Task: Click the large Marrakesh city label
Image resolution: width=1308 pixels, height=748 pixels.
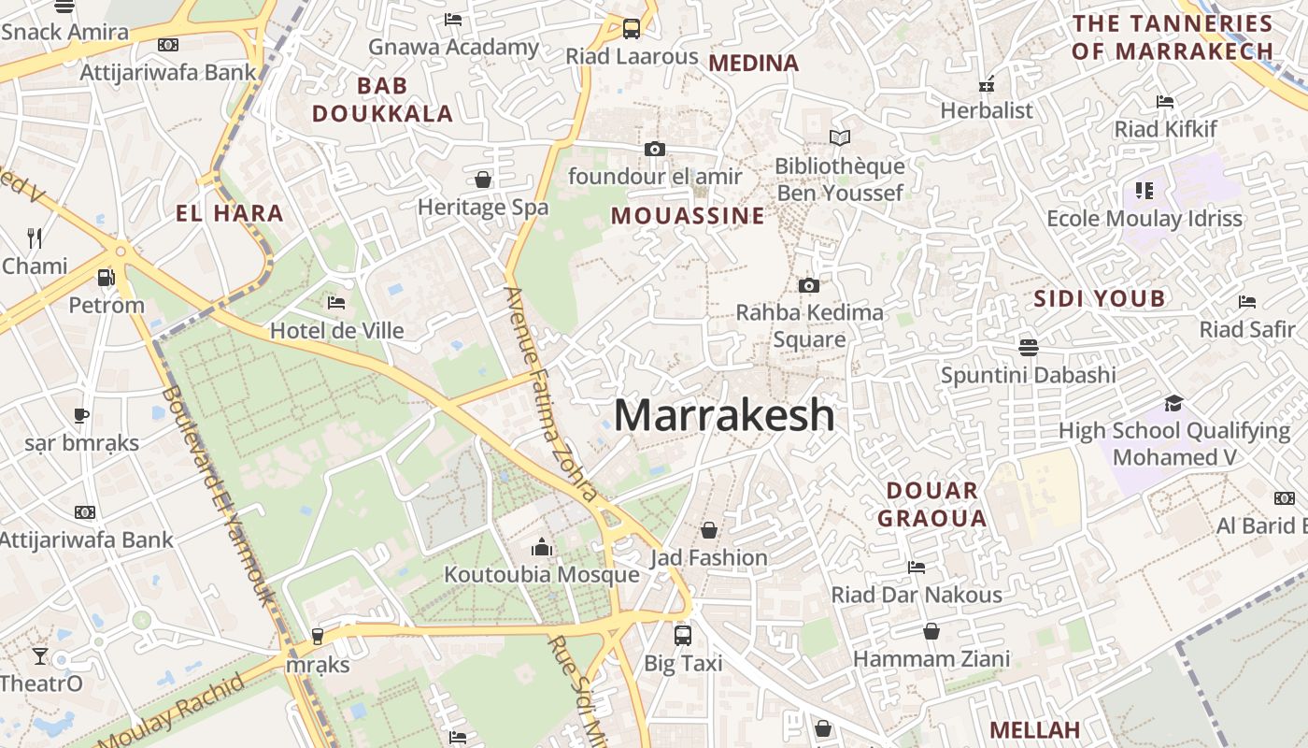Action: [x=724, y=415]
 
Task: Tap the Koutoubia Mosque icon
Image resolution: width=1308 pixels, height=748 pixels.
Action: [x=542, y=547]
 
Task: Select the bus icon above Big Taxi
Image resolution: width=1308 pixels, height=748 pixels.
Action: [x=683, y=636]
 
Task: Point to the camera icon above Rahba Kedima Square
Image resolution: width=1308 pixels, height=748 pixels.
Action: [x=809, y=285]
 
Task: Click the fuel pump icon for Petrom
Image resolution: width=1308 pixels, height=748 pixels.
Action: [x=107, y=278]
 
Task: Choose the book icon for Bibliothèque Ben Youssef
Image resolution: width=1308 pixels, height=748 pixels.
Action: [x=840, y=138]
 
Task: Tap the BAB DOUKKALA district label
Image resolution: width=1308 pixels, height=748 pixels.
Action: [x=382, y=100]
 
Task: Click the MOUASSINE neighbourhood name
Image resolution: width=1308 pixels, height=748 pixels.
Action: [x=688, y=216]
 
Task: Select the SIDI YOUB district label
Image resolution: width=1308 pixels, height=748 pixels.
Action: [x=1100, y=299]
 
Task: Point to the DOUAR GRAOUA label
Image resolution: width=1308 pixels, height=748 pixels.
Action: [x=931, y=504]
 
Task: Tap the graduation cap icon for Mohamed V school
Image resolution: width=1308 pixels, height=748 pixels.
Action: [x=1173, y=403]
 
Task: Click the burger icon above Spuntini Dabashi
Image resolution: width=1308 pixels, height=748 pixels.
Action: [x=1029, y=347]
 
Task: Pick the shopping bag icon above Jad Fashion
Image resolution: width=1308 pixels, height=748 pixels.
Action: [x=709, y=530]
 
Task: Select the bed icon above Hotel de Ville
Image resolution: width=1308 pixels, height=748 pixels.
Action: [x=336, y=303]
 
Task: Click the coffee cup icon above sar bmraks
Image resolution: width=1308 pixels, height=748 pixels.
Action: [x=81, y=415]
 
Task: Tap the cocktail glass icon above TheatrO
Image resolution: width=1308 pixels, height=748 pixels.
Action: [x=40, y=655]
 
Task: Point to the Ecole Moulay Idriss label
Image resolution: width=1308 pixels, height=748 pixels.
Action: [x=1144, y=219]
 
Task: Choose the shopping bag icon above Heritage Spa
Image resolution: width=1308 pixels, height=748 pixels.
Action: [x=483, y=179]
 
